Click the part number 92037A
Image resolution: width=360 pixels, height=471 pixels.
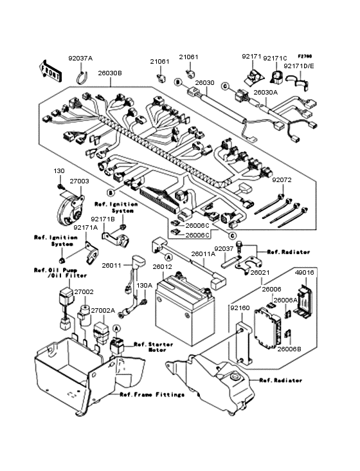tap(80, 59)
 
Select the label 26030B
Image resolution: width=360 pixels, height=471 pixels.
tap(110, 73)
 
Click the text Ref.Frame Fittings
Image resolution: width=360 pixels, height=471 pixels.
tap(152, 394)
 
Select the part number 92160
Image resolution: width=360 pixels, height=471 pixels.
tap(240, 308)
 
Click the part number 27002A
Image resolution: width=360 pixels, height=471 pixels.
tap(102, 310)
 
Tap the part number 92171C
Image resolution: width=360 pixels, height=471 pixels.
tap(275, 58)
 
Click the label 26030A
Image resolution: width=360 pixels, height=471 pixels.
tap(265, 92)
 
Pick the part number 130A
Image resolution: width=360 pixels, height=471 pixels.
tap(144, 285)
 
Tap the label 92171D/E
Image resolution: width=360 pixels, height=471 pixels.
tap(299, 66)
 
